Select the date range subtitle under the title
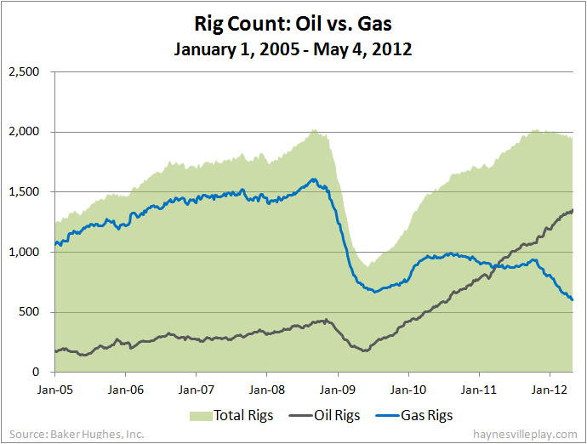[293, 49]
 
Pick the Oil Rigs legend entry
[328, 416]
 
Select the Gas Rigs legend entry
[422, 416]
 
